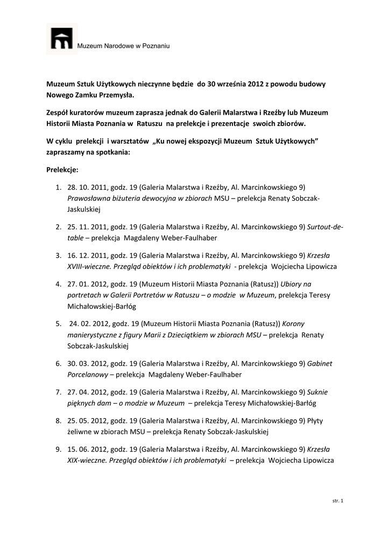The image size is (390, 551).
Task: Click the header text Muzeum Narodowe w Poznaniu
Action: click(x=124, y=47)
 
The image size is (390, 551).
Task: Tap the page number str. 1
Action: click(x=338, y=501)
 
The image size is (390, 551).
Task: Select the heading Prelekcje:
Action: click(x=62, y=169)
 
